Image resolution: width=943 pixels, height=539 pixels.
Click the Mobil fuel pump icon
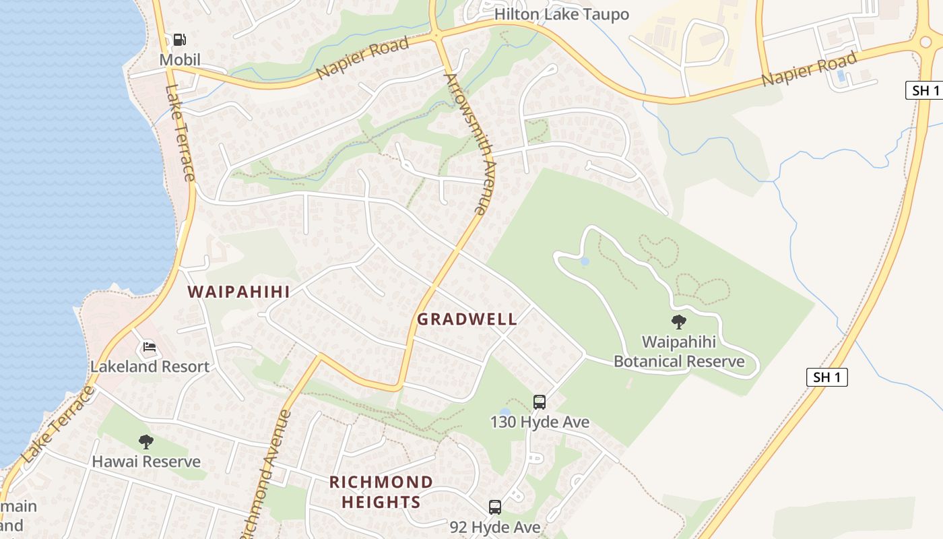coord(180,40)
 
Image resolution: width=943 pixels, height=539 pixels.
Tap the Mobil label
coord(180,60)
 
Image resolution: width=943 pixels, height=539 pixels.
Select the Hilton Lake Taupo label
coord(561,14)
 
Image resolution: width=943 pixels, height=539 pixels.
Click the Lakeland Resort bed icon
coord(150,348)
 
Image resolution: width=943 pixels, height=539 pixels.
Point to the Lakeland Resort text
coord(150,367)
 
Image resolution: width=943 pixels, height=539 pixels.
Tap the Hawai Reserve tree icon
coord(146,442)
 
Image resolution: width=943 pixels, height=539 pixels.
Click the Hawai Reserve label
coord(146,462)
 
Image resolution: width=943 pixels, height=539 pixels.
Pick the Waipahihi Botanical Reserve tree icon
coord(678,322)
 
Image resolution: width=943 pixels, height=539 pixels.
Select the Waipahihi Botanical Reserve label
coord(679,352)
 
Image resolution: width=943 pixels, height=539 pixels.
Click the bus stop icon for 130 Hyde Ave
coord(540,402)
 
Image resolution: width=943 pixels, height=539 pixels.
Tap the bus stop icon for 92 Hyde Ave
coord(495,507)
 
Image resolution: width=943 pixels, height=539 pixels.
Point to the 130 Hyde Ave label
coord(540,422)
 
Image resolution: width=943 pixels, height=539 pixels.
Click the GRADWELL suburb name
coord(467,319)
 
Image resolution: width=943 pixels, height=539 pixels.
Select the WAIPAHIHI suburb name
coord(238,292)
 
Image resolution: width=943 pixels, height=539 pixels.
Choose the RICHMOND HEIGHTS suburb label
coord(381,492)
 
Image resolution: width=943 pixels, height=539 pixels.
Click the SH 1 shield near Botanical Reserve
coord(826,377)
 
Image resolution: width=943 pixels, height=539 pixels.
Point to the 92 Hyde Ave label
coord(495,527)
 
